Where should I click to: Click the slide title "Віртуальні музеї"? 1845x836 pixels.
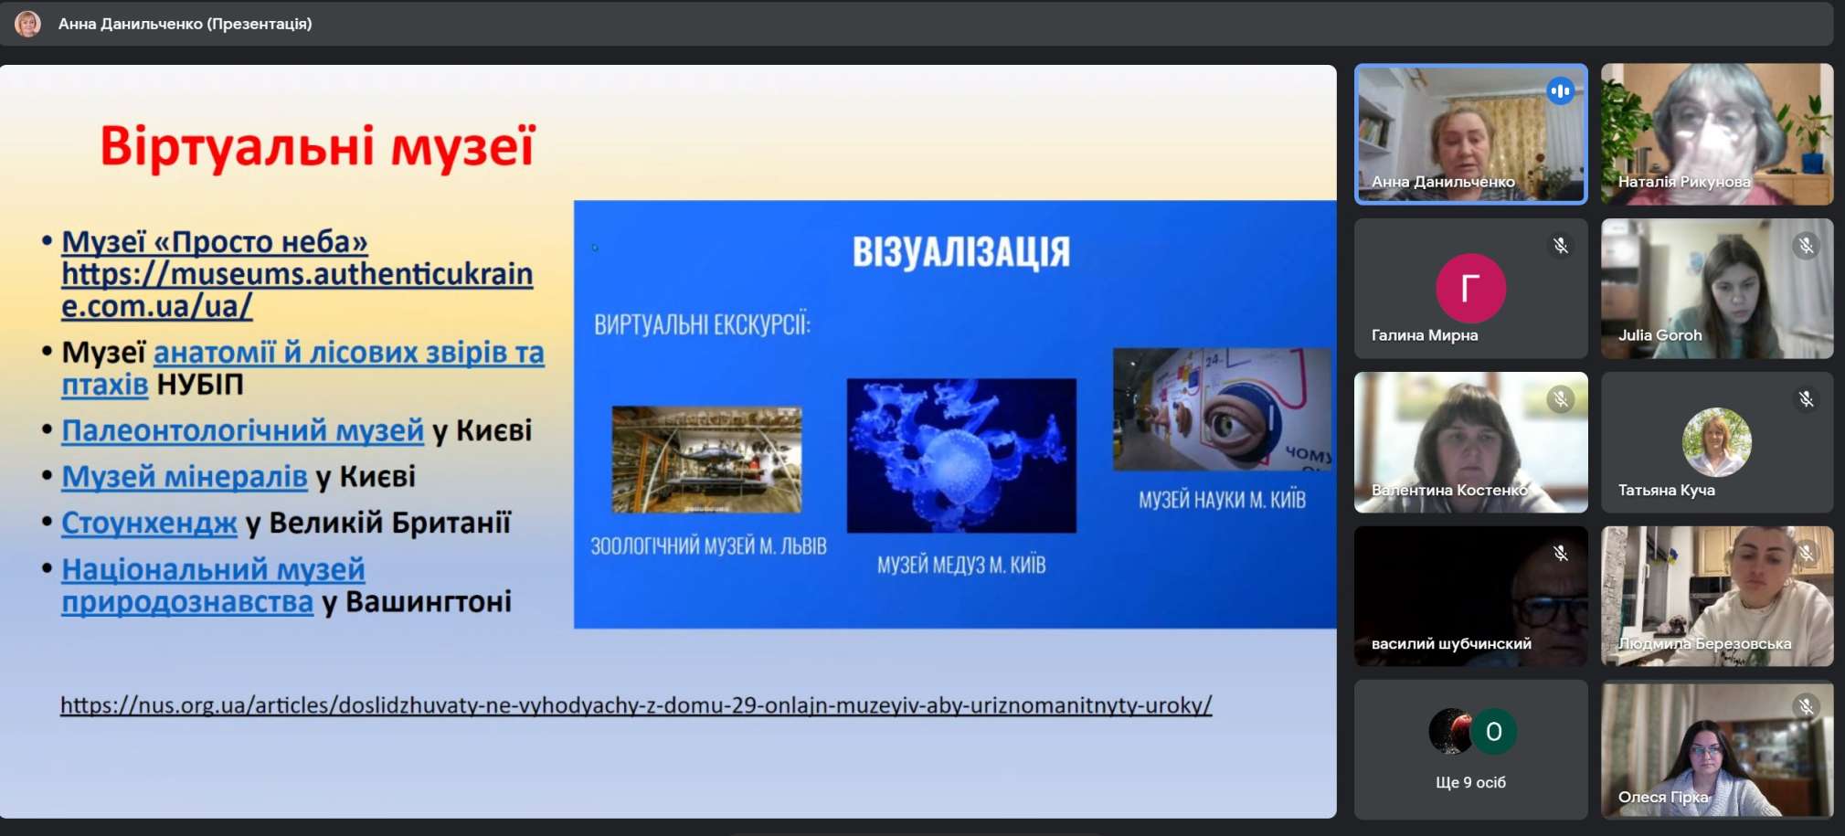[317, 147]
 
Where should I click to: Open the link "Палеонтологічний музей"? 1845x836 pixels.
[242, 430]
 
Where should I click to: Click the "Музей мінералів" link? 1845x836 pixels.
[185, 476]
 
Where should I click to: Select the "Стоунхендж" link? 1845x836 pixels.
[149, 523]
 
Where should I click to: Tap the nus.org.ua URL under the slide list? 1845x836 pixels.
[636, 705]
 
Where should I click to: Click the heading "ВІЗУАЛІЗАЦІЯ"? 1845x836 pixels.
[961, 251]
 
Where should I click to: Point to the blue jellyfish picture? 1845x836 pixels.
[961, 455]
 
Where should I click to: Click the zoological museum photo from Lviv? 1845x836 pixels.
[706, 460]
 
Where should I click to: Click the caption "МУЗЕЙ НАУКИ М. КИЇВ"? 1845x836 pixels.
[1222, 500]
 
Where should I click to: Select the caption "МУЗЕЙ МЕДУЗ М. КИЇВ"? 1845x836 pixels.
[961, 565]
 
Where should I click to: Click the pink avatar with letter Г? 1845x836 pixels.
[1470, 288]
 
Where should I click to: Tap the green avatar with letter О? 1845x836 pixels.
[1494, 731]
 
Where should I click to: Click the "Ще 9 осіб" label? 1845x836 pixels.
[1470, 782]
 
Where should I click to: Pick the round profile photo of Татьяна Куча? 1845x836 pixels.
[1716, 442]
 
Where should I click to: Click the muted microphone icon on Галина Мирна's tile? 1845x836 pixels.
[1561, 245]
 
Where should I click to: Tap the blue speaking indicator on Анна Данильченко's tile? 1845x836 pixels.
[1561, 90]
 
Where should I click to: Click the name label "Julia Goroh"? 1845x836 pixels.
[1659, 335]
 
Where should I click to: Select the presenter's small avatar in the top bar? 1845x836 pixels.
[28, 24]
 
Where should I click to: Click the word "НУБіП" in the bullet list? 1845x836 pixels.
[200, 385]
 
